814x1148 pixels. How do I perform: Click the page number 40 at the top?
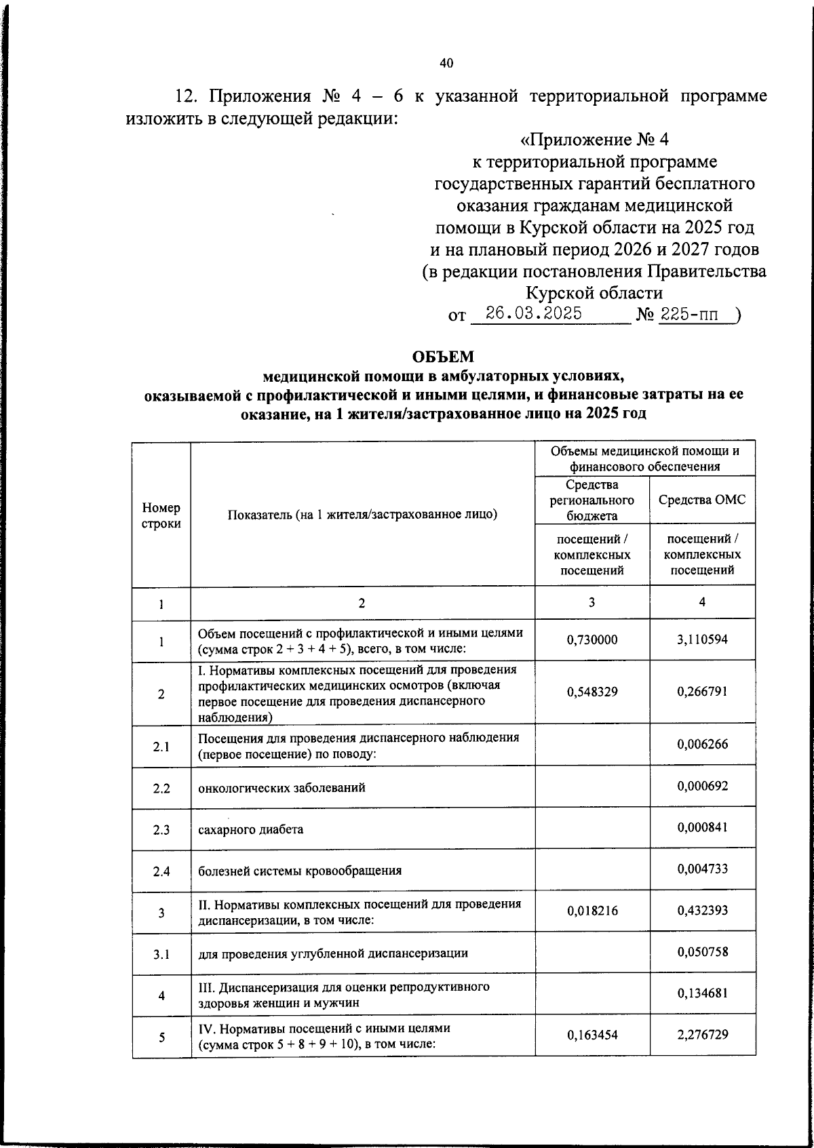[446, 64]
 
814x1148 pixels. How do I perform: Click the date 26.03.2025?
[533, 314]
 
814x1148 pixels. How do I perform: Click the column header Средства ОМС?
[702, 500]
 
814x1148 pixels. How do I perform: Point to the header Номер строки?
[161, 515]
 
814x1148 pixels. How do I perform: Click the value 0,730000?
[592, 639]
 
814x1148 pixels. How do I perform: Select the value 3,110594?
[702, 639]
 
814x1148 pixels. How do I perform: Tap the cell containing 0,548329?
[592, 692]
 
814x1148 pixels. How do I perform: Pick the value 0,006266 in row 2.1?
[702, 745]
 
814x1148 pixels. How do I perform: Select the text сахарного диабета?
[251, 830]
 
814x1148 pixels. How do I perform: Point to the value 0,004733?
[702, 869]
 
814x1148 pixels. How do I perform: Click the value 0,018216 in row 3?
[592, 911]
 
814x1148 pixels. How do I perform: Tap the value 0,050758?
[702, 952]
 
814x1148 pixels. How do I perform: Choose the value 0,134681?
[702, 994]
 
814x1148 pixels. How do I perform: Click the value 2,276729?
[702, 1035]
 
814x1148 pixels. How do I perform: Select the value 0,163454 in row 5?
[592, 1036]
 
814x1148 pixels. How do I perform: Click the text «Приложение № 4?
[594, 140]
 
